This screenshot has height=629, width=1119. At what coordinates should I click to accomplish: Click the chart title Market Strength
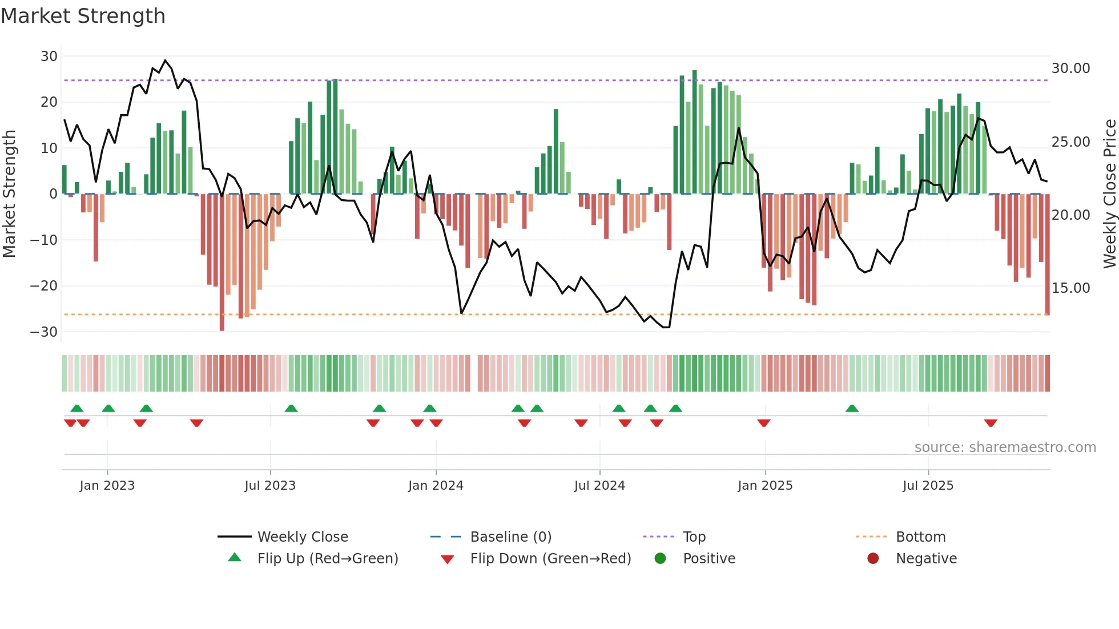click(83, 16)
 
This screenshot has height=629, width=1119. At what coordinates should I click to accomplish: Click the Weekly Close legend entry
click(302, 537)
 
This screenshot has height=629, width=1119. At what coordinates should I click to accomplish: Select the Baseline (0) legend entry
click(510, 537)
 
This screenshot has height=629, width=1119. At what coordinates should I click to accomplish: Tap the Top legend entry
click(694, 537)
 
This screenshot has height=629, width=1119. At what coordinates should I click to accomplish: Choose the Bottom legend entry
click(920, 537)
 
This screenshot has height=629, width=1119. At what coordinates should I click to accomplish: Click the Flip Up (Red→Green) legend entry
click(327, 559)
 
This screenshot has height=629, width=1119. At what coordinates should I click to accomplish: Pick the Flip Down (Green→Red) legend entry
click(550, 559)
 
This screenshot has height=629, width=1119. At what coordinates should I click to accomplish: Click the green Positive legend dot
click(661, 559)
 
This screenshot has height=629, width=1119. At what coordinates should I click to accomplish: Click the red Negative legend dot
click(873, 559)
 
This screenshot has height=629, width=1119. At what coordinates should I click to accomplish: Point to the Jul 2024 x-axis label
click(599, 486)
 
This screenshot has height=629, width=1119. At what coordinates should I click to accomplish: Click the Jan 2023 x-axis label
click(107, 486)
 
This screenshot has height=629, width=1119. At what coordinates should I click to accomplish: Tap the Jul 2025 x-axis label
click(928, 486)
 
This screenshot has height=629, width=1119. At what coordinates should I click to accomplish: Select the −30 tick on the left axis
click(44, 332)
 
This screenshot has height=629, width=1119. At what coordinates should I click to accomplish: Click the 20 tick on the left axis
click(49, 102)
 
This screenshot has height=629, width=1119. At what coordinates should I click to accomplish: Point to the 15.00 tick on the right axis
click(1070, 288)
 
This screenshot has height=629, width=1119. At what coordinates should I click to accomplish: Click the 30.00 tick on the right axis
click(1070, 68)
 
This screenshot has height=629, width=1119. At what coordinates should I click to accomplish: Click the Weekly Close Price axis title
click(1109, 194)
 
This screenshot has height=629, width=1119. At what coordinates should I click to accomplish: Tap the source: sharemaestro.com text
click(1005, 447)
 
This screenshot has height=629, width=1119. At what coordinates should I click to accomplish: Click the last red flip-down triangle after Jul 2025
click(991, 423)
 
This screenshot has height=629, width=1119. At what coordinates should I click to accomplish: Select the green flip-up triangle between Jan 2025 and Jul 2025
click(852, 408)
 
